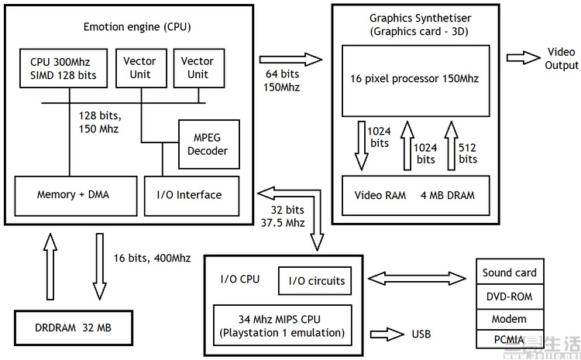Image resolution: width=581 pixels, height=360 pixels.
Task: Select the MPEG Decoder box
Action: [208, 144]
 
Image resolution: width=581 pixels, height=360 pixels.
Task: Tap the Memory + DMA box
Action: [73, 195]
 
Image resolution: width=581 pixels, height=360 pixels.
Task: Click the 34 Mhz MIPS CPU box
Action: [282, 325]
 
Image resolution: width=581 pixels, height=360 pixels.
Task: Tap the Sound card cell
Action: [509, 273]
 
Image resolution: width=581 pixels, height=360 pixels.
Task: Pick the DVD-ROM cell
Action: [509, 296]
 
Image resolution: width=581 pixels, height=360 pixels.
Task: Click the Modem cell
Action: [509, 319]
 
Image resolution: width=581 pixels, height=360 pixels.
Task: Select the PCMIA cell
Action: [509, 339]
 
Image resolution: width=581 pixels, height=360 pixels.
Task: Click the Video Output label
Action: [562, 58]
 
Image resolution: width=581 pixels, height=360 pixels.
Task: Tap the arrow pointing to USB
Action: [384, 334]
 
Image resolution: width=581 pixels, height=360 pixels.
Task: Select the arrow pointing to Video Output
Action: [523, 58]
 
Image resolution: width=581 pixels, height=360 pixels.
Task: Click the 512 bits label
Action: [468, 153]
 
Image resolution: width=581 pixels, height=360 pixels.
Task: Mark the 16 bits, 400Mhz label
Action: [152, 258]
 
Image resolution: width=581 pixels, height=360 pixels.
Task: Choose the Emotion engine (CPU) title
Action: [137, 27]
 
